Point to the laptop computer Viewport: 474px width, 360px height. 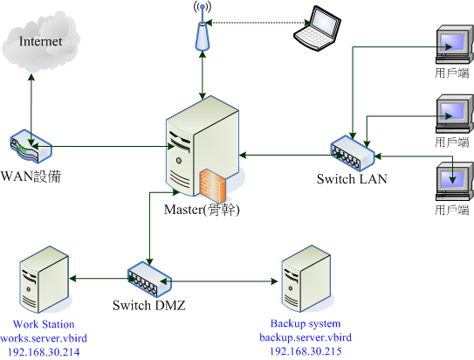click(x=317, y=26)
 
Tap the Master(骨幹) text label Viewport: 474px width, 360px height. click(x=202, y=211)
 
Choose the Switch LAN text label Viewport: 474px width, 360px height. click(x=352, y=180)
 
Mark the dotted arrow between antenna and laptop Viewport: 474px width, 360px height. click(x=252, y=23)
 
